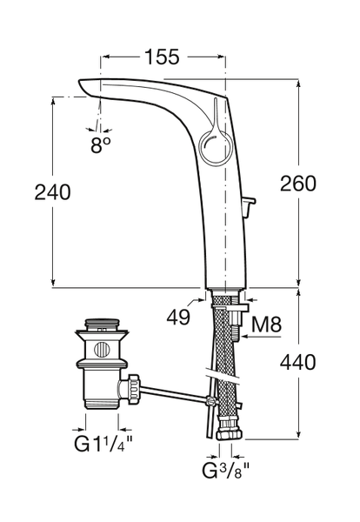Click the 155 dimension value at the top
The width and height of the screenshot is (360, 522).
click(163, 57)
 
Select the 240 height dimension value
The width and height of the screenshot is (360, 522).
click(52, 192)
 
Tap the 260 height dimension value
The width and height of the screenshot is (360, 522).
click(297, 184)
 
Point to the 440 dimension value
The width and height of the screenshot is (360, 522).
click(297, 362)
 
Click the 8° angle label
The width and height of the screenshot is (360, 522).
click(101, 144)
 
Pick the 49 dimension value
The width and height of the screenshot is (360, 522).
click(178, 317)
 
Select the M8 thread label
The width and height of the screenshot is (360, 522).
click(266, 324)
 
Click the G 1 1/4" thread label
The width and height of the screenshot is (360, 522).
click(103, 444)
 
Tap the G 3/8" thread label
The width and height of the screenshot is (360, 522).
click(226, 470)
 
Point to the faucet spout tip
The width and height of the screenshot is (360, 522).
click(83, 87)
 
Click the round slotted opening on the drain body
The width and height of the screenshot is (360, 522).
click(102, 350)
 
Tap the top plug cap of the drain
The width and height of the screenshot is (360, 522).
click(102, 323)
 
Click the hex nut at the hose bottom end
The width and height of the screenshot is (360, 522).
click(230, 434)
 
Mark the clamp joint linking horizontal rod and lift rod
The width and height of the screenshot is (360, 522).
click(210, 400)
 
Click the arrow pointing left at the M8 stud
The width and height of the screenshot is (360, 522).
click(262, 337)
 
